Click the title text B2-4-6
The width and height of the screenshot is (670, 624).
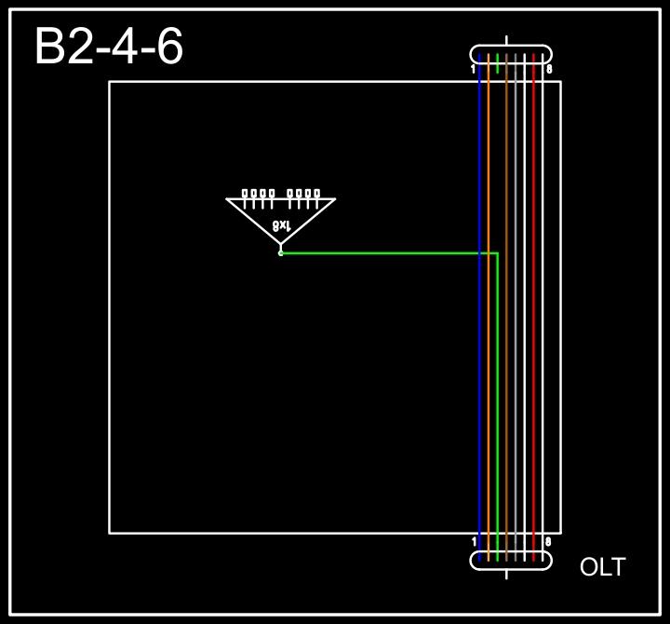109,47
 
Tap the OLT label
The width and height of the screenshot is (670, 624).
602,567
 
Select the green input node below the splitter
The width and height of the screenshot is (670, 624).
280,252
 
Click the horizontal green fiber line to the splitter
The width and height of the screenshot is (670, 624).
391,252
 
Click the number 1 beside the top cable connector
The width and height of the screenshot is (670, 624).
474,69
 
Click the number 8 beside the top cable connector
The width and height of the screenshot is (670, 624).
549,69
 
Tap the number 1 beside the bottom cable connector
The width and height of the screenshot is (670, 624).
474,541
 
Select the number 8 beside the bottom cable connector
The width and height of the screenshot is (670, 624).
549,541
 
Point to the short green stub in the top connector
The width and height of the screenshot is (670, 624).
498,63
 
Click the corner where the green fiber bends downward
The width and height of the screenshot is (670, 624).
498,252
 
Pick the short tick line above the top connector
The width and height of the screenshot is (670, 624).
506,41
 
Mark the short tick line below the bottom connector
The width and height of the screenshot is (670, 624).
506,574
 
